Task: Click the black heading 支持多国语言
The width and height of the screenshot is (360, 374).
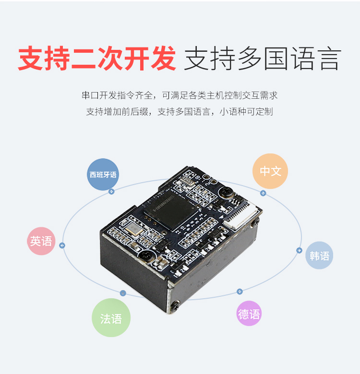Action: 262,59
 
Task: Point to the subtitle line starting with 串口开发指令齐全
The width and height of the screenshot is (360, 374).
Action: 180,95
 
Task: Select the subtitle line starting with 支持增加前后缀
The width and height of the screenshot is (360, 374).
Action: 180,112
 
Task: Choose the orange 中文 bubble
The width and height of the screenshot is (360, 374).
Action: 270,171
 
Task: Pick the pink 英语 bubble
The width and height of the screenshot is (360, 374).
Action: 41,241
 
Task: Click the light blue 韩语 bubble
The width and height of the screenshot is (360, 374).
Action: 319,256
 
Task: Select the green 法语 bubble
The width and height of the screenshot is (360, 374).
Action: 111,318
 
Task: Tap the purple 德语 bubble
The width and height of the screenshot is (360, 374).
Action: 249,314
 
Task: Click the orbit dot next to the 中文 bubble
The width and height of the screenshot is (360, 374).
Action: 263,193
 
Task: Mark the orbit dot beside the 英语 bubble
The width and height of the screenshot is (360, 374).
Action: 62,245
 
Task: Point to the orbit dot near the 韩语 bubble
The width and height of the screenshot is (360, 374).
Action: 299,250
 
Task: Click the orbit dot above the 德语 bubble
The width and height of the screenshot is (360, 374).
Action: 240,292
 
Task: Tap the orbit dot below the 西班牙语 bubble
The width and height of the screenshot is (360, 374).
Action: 111,192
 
